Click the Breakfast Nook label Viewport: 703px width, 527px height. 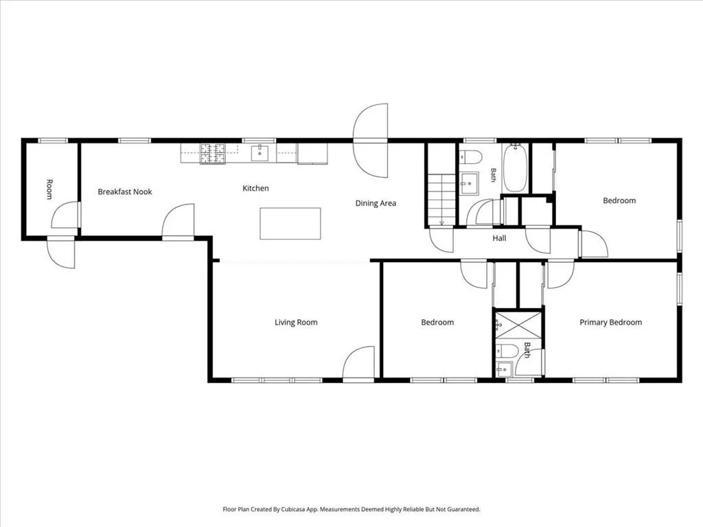click(125, 192)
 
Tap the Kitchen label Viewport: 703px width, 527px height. click(255, 188)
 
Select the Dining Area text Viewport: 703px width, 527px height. click(376, 203)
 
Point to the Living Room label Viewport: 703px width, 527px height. click(296, 323)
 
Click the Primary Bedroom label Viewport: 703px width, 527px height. click(610, 323)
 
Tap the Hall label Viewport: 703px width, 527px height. click(500, 238)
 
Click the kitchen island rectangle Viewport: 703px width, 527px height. click(290, 224)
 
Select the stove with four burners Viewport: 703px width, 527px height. click(213, 153)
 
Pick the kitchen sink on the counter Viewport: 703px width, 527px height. click(260, 153)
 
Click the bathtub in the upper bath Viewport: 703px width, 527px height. click(515, 167)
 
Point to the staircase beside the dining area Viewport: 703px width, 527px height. click(441, 200)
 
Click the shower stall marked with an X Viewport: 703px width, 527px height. click(518, 325)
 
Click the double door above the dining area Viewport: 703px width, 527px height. click(370, 141)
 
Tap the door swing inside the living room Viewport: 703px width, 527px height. click(358, 364)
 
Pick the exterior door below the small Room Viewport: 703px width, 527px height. click(61, 253)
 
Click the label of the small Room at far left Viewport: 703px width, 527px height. click(49, 189)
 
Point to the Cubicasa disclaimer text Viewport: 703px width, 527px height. click(351, 509)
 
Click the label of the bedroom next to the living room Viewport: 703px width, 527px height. click(437, 323)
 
